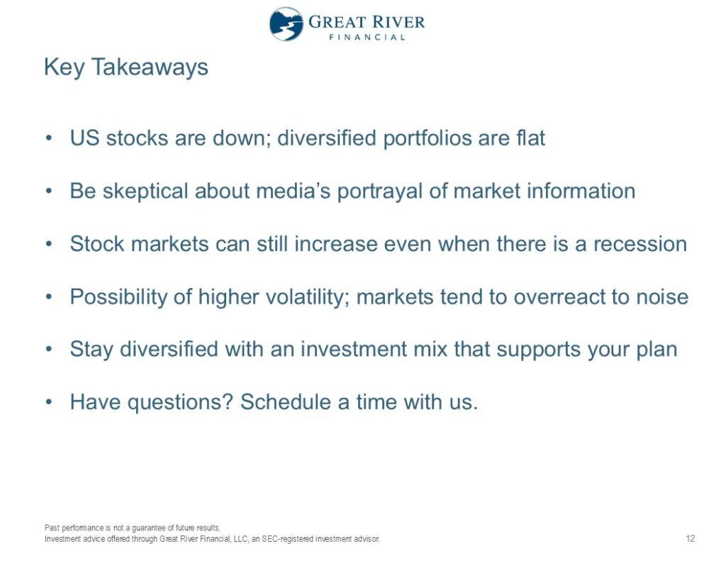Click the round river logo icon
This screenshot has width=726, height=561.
286,23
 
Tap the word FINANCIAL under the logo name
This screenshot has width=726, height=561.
367,37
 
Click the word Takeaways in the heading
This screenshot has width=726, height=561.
150,67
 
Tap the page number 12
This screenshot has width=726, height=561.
690,538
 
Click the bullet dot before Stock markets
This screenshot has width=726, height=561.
49,244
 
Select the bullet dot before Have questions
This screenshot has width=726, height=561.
49,402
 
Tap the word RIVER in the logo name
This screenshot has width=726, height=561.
398,22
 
